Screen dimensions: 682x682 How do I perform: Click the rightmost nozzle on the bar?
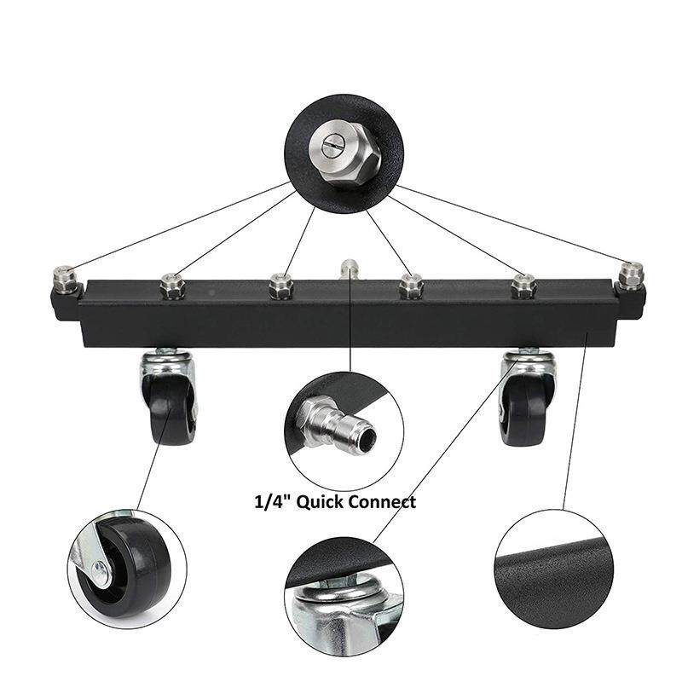pyautogui.click(x=632, y=276)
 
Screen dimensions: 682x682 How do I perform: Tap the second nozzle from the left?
pyautogui.click(x=173, y=286)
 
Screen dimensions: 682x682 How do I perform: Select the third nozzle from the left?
pyautogui.click(x=281, y=286)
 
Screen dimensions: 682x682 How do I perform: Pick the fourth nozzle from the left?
pyautogui.click(x=411, y=286)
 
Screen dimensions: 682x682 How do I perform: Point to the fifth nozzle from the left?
pyautogui.click(x=523, y=286)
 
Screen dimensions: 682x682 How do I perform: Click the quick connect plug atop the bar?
pyautogui.click(x=349, y=270)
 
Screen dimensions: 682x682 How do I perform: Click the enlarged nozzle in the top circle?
pyautogui.click(x=344, y=153)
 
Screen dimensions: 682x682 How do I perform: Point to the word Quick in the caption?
pyautogui.click(x=319, y=502)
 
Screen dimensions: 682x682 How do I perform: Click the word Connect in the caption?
pyautogui.click(x=382, y=501)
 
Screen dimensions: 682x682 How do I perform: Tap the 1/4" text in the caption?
pyautogui.click(x=274, y=502)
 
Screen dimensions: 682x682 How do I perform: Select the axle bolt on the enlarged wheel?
pyautogui.click(x=101, y=569)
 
